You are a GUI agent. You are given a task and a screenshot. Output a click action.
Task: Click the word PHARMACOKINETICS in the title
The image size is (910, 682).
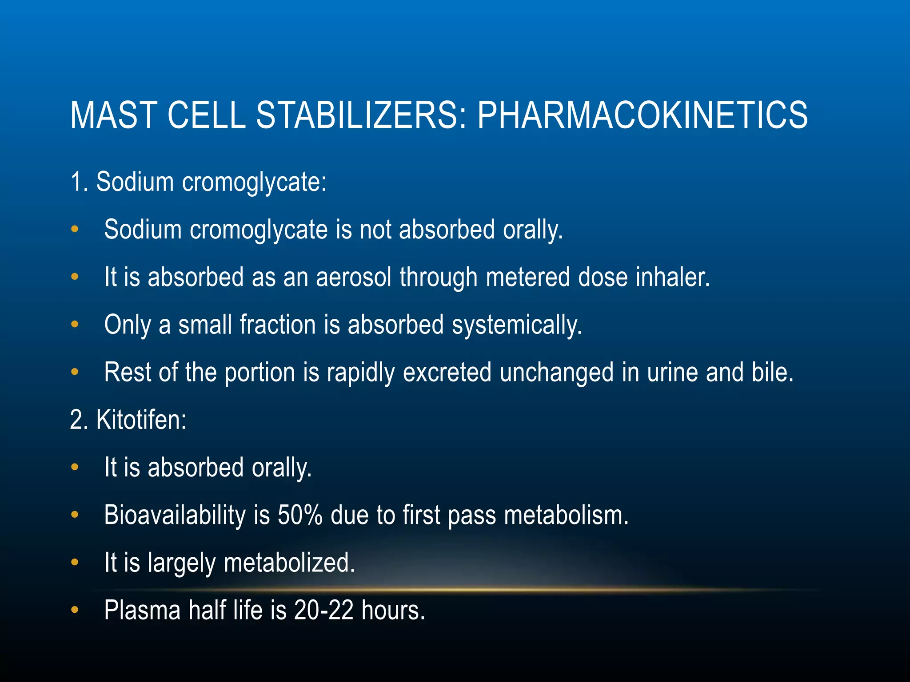click(642, 115)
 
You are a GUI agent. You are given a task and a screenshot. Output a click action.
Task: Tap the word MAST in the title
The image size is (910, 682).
click(114, 115)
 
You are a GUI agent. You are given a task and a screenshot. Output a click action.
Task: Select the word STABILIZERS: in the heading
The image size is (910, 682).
click(361, 115)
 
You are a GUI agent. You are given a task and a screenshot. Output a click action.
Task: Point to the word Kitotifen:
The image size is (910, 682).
click(141, 420)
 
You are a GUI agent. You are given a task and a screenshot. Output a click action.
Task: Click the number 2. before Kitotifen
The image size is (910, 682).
click(80, 420)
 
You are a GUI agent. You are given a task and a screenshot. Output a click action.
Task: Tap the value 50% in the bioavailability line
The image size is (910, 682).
click(300, 515)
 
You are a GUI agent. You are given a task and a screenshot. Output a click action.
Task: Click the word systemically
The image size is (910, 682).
click(517, 325)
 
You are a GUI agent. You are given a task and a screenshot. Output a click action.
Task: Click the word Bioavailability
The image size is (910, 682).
click(175, 515)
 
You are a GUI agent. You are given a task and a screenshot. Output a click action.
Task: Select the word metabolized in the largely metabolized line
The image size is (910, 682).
click(289, 563)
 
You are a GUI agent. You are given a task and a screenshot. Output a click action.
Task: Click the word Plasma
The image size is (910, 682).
click(142, 610)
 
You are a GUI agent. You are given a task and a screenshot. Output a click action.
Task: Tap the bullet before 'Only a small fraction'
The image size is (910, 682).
click(75, 325)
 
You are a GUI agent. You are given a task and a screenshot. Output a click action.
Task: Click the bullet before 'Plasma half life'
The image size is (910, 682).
click(75, 610)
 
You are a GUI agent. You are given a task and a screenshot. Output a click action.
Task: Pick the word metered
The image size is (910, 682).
click(527, 277)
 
